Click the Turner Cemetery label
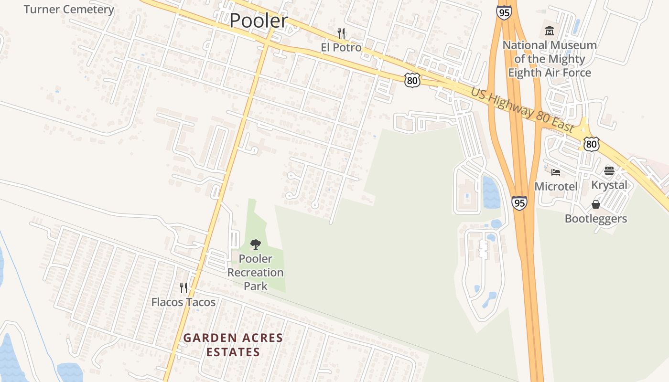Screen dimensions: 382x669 69,10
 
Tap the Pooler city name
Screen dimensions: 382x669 259,21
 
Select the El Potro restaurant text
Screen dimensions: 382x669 341,48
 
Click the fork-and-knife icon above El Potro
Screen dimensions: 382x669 341,33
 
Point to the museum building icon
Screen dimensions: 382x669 550,32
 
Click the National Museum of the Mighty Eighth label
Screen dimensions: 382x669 550,59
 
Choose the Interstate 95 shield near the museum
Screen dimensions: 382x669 504,12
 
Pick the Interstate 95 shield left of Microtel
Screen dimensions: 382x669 519,203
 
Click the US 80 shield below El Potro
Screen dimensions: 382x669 412,80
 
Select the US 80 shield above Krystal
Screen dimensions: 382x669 592,144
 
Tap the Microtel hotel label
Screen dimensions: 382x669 556,186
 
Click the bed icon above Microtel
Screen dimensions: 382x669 555,172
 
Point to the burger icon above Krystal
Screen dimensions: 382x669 609,171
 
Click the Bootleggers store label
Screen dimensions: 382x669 596,219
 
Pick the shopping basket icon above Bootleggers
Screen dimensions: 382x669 596,204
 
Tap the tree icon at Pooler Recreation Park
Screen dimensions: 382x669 256,245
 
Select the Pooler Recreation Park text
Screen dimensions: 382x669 256,272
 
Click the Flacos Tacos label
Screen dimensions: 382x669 183,302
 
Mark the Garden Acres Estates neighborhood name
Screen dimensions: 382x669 233,345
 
